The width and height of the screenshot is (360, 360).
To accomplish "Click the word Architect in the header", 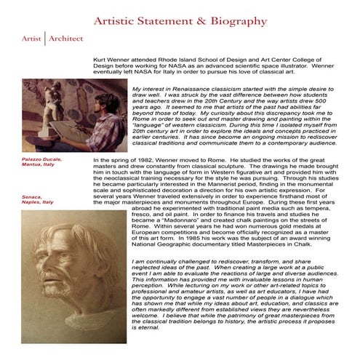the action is tap(66, 38).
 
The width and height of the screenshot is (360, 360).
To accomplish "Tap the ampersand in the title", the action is tap(196, 21).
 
